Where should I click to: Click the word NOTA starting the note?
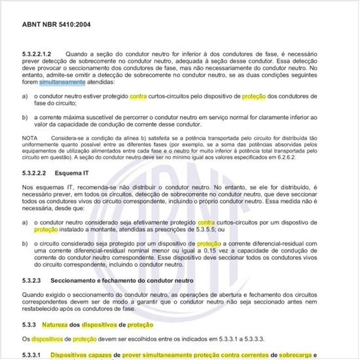click(x=30, y=139)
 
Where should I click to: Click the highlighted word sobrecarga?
click(x=296, y=355)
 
